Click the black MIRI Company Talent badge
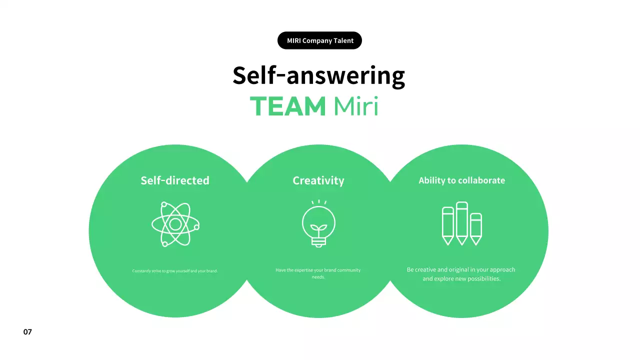pyautogui.click(x=319, y=40)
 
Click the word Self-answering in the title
pyautogui.click(x=318, y=75)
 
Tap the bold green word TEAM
pyautogui.click(x=287, y=106)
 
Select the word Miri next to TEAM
pyautogui.click(x=356, y=106)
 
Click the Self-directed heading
pyautogui.click(x=175, y=180)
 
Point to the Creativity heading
pyautogui.click(x=318, y=181)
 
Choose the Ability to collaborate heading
pyautogui.click(x=461, y=180)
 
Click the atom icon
pyautogui.click(x=175, y=224)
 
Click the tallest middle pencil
pyautogui.click(x=461, y=223)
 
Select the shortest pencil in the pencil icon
pyautogui.click(x=476, y=229)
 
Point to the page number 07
pyautogui.click(x=27, y=331)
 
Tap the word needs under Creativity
pyautogui.click(x=318, y=277)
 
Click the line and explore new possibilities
pyautogui.click(x=461, y=278)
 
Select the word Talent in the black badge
pyautogui.click(x=343, y=40)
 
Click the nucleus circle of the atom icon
pyautogui.click(x=175, y=224)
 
